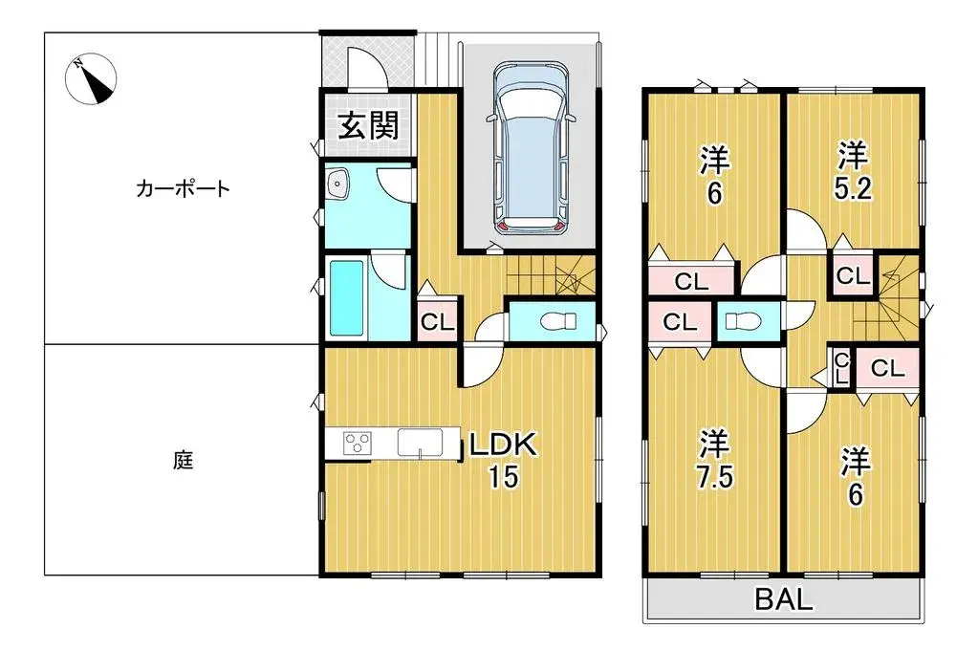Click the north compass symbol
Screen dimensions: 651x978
click(93, 79)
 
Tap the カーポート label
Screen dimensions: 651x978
click(183, 188)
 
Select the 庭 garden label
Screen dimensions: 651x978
click(183, 461)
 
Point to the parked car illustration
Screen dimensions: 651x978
click(531, 148)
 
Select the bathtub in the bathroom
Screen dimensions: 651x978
click(346, 297)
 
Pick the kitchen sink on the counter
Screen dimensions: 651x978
click(418, 444)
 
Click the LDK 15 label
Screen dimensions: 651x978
click(503, 460)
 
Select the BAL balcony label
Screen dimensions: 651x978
click(784, 600)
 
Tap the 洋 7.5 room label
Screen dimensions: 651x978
click(713, 460)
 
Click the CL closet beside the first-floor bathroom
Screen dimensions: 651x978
click(437, 322)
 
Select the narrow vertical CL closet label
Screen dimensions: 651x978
click(841, 367)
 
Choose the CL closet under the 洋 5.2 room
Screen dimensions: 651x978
click(852, 276)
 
